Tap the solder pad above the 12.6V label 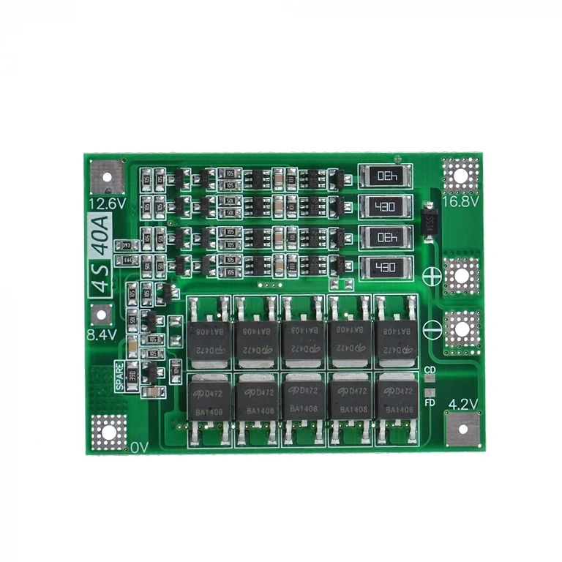(106, 175)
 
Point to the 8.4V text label (102, 335)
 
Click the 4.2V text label (462, 402)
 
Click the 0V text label (139, 446)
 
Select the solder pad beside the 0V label (109, 432)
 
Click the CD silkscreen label (430, 370)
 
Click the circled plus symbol (432, 277)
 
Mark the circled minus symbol (432, 329)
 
